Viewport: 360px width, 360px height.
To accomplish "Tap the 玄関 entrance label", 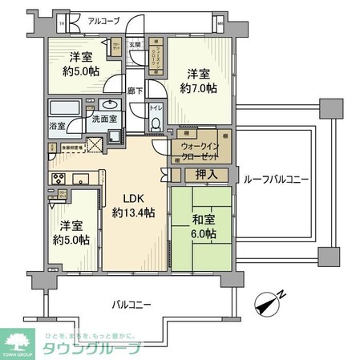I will [x=136, y=45].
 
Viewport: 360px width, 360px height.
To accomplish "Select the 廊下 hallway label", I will [x=136, y=91].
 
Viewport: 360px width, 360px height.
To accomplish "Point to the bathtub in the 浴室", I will [x=63, y=108].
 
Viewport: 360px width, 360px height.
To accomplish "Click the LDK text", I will [x=132, y=200].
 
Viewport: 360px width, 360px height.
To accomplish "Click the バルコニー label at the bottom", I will [x=131, y=303].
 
